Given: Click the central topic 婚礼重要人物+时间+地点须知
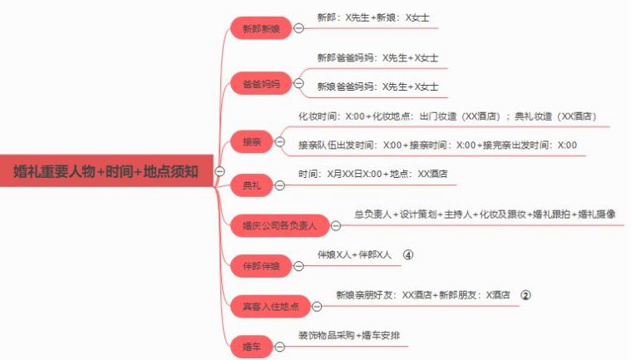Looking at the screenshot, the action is tap(106, 171).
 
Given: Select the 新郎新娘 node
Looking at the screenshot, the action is tap(261, 28).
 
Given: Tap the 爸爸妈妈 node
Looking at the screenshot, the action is tap(261, 84).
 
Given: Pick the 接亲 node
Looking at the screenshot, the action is tap(252, 141).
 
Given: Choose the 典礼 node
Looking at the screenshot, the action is tap(252, 185).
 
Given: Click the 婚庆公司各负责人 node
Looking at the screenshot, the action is tap(279, 225).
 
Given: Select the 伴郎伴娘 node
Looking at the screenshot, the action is tap(261, 266).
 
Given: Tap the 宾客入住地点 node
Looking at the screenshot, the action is tap(270, 307).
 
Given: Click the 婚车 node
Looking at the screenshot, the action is tap(252, 347).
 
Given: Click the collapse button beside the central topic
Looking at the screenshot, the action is tap(219, 171).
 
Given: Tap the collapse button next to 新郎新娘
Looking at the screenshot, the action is tap(298, 28).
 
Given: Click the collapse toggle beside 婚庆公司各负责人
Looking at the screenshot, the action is tap(336, 225).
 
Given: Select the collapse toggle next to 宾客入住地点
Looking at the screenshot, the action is tap(317, 307).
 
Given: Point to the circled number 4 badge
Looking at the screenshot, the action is tap(408, 254).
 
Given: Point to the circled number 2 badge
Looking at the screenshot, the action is tap(525, 295).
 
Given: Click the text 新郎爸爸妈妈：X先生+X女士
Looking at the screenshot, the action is tap(377, 58).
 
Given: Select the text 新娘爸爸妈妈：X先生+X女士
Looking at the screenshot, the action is tap(377, 86).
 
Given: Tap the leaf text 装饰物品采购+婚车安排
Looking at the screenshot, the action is tap(349, 335).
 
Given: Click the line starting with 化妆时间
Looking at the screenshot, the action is tap(447, 116).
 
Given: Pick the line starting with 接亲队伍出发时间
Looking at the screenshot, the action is tap(437, 145).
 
